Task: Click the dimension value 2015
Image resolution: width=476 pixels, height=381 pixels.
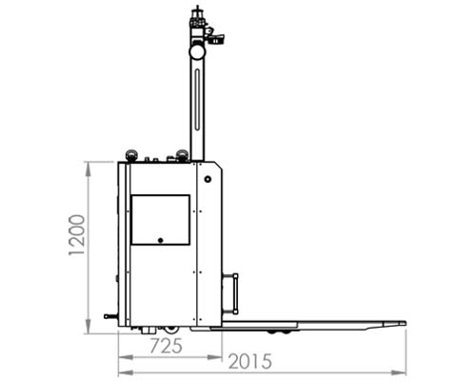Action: click(x=250, y=362)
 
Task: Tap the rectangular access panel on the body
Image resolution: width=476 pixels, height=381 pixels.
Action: click(x=160, y=219)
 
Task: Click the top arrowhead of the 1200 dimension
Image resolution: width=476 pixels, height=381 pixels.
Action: click(x=89, y=165)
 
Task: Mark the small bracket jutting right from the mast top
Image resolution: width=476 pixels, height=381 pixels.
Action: click(x=219, y=39)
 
